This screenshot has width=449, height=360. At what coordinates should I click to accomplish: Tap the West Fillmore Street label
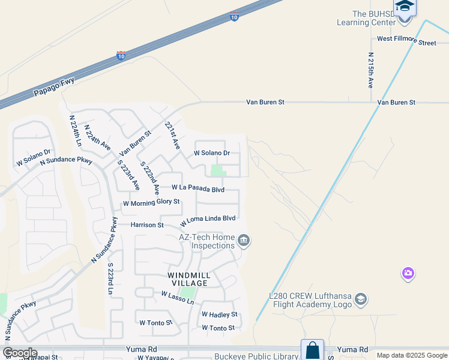pyautogui.click(x=406, y=43)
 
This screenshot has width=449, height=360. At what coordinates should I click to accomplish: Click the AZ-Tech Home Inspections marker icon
pyautogui.click(x=244, y=241)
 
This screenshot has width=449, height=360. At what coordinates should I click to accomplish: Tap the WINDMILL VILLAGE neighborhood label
pyautogui.click(x=188, y=279)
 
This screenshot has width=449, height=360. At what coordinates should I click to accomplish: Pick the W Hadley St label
pyautogui.click(x=219, y=314)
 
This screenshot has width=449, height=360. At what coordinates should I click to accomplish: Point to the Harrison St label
pyautogui.click(x=147, y=225)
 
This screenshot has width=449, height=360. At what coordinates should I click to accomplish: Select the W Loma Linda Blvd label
pyautogui.click(x=208, y=220)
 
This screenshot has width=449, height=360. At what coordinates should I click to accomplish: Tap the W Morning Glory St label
pyautogui.click(x=151, y=202)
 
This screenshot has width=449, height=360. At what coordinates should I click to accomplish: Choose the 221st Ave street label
pyautogui.click(x=173, y=135)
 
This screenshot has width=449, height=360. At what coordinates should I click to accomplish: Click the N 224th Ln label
pyautogui.click(x=75, y=131)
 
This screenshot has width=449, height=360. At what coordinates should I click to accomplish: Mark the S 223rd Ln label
pyautogui.click(x=110, y=278)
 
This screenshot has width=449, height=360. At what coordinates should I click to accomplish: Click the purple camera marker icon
pyautogui.click(x=408, y=274)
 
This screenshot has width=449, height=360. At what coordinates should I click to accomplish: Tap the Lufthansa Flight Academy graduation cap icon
pyautogui.click(x=361, y=298)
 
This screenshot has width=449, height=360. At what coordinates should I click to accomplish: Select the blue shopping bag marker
pyautogui.click(x=312, y=350)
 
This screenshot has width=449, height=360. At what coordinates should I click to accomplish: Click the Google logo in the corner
pyautogui.click(x=20, y=353)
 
